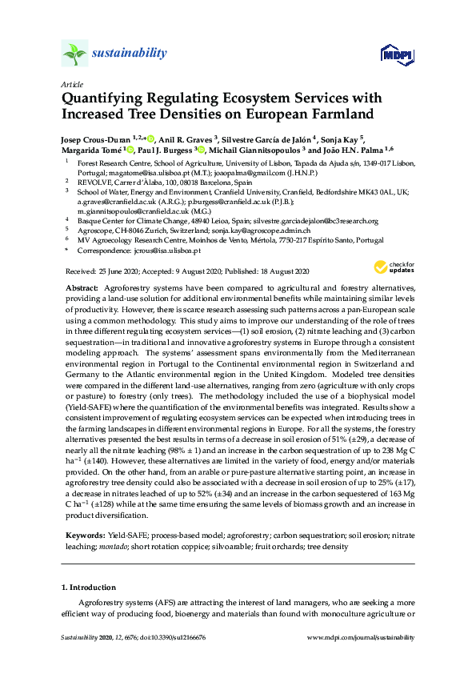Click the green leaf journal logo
[74, 54]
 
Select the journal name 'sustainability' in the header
[129, 54]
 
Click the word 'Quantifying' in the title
[108, 98]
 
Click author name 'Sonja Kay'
[342, 137]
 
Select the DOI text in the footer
[172, 638]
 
